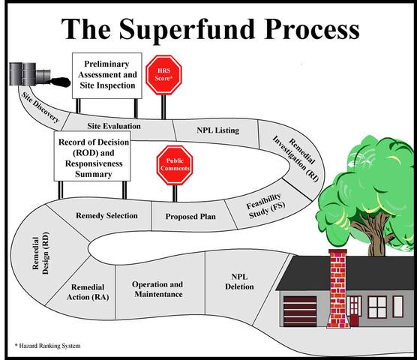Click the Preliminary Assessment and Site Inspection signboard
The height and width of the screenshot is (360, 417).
[x=104, y=74]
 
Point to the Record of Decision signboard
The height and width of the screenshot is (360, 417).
[x=93, y=158]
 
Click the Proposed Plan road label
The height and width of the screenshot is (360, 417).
[x=191, y=217]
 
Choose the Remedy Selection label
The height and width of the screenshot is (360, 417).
[x=106, y=216]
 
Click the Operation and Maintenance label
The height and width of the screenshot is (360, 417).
[x=157, y=289]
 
